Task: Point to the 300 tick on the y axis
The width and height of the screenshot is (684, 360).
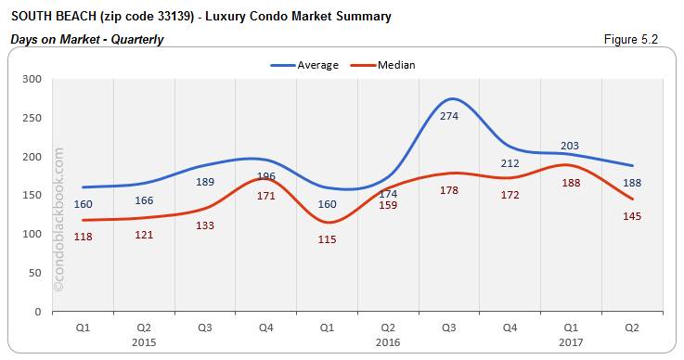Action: click(x=33, y=79)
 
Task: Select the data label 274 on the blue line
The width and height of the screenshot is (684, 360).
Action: click(x=449, y=116)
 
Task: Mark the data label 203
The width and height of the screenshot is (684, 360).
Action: click(x=571, y=146)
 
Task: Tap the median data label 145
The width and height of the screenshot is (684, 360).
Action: click(x=632, y=216)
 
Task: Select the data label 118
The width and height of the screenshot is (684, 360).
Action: click(x=84, y=237)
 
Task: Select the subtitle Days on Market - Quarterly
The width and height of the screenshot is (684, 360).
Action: click(x=87, y=40)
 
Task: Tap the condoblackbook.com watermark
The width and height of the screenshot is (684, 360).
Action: click(x=60, y=219)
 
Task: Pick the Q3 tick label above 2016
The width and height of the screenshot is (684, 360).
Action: click(x=449, y=327)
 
